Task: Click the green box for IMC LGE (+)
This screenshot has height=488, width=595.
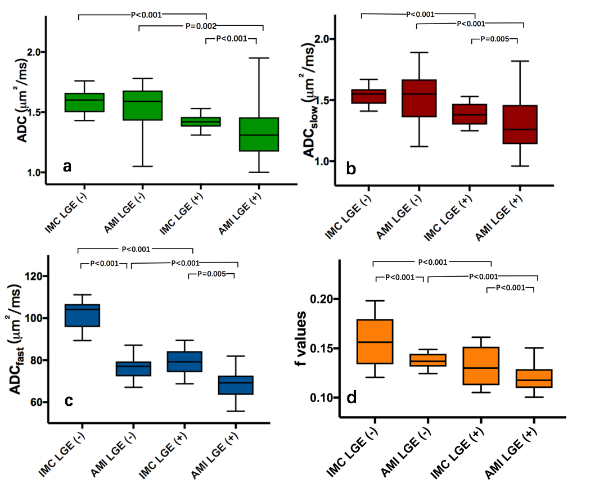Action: (237, 121)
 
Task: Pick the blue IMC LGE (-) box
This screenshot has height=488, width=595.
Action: (82, 315)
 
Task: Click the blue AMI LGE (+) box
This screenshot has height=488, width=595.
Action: (236, 385)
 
